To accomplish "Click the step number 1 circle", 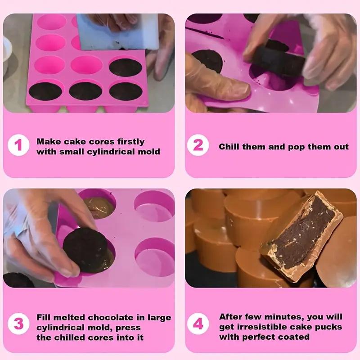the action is click(x=18, y=145).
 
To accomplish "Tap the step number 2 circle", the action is click(x=198, y=145).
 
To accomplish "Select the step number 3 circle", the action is click(x=18, y=324).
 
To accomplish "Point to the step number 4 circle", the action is click(x=198, y=324).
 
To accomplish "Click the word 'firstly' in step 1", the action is click(x=131, y=142).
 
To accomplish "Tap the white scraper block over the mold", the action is click(x=117, y=32).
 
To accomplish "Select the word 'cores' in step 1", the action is click(x=102, y=142).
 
